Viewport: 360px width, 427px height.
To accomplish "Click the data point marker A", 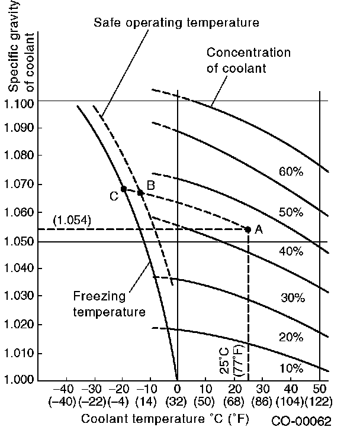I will click(247, 229).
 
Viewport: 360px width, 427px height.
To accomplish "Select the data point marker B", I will click(140, 192).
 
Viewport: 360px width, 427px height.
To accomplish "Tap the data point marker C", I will click(123, 189).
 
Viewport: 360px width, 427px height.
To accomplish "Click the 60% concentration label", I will click(291, 172).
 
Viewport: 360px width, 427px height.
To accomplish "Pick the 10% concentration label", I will click(291, 368).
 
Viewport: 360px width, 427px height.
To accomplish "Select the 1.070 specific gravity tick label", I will click(19, 185).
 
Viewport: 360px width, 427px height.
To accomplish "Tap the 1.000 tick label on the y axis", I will click(19, 380).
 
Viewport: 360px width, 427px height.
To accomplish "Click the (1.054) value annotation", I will click(71, 220).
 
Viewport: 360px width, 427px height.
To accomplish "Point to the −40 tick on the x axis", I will click(65, 389).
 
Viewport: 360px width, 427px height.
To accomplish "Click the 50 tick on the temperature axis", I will click(320, 389).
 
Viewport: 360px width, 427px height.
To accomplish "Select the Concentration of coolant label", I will click(248, 60).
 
